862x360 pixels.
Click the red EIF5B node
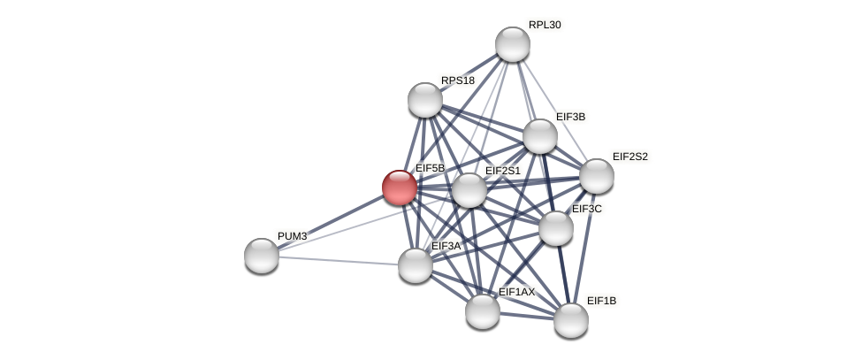(399, 188)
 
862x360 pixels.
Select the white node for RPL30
(512, 44)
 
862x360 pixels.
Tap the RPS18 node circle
(425, 100)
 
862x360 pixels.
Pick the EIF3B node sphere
(540, 136)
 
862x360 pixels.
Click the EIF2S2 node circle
(597, 175)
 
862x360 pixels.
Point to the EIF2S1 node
(469, 190)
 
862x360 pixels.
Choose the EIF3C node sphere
(556, 228)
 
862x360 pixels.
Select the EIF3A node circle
(416, 265)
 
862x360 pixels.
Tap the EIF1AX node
(483, 310)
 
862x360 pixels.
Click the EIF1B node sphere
(571, 319)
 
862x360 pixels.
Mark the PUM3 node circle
(262, 256)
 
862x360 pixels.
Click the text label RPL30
(545, 25)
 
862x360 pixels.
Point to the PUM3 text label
(292, 236)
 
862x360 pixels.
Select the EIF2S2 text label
(629, 157)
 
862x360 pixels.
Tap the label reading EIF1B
(601, 301)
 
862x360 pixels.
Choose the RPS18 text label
(458, 80)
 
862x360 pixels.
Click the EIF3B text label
(570, 117)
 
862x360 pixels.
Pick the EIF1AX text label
(516, 292)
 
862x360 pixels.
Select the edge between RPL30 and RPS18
(469, 73)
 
